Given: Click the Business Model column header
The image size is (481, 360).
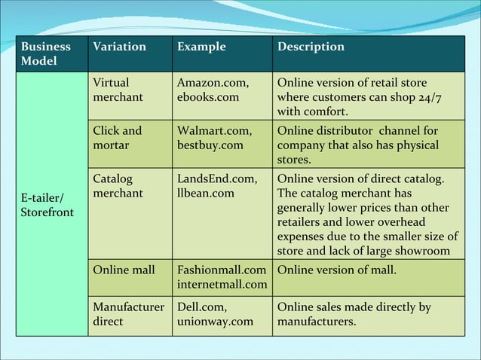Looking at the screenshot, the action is click(47, 53).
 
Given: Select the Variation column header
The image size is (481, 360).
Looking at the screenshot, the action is click(119, 47).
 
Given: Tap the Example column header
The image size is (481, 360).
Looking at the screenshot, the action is click(201, 47).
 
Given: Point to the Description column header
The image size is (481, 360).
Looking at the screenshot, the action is click(311, 47).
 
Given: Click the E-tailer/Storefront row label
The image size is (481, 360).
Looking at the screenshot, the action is click(47, 205).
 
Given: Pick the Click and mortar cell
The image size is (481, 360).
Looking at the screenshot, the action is click(117, 138).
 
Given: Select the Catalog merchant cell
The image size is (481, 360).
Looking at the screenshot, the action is click(117, 186).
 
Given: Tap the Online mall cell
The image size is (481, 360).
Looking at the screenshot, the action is click(124, 270).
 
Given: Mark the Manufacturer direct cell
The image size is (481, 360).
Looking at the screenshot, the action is click(127, 314).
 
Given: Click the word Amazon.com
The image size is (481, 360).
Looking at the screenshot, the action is click(213, 83).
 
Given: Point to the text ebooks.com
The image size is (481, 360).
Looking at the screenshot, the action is click(208, 97).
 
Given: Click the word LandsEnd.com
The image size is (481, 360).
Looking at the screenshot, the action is click(217, 179).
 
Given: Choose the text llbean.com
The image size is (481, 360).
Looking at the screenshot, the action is click(206, 194).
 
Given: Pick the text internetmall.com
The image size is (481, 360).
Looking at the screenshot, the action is click(222, 284).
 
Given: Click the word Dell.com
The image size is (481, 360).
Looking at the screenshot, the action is click(202, 307).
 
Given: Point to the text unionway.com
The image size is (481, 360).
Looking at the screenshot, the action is click(215, 322).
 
